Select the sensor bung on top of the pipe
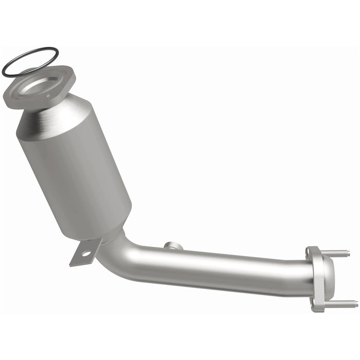point(174,246)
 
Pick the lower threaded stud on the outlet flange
point(339,303)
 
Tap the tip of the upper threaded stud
point(348,253)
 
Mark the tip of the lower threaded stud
point(356,303)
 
